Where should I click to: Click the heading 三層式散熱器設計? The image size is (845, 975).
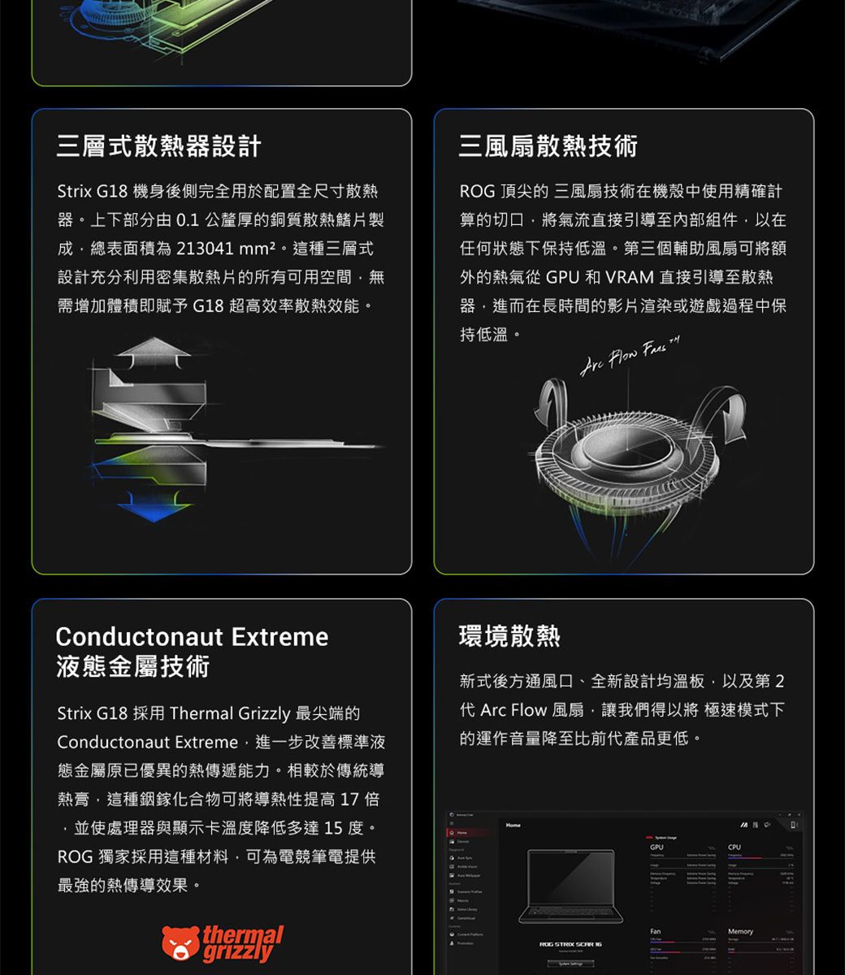pyautogui.click(x=159, y=146)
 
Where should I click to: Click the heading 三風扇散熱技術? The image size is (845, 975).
pyautogui.click(x=548, y=146)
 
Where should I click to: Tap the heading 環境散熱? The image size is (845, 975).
pyautogui.click(x=509, y=636)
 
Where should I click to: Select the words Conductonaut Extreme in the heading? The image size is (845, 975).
pyautogui.click(x=192, y=636)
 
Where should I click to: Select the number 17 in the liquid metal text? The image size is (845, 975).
pyautogui.click(x=349, y=799)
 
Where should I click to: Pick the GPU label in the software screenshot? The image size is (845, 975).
pyautogui.click(x=656, y=847)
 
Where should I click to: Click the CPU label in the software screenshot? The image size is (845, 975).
pyautogui.click(x=734, y=847)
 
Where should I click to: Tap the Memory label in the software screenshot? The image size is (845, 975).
pyautogui.click(x=740, y=931)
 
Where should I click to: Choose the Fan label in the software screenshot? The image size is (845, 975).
pyautogui.click(x=655, y=931)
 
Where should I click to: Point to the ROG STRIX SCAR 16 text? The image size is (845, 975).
pyautogui.click(x=570, y=945)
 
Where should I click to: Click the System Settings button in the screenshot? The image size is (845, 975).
pyautogui.click(x=570, y=964)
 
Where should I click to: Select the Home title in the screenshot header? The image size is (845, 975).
pyautogui.click(x=513, y=825)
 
